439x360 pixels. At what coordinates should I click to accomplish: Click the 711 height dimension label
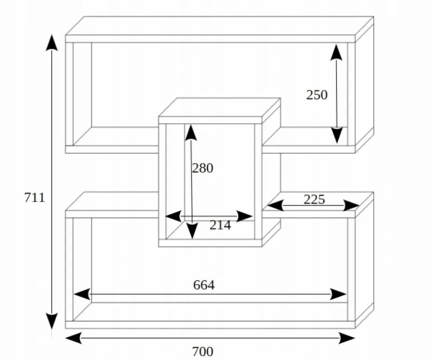click(x=35, y=198)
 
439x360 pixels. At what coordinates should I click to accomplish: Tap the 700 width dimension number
click(x=202, y=351)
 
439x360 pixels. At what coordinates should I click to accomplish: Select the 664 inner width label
click(x=204, y=285)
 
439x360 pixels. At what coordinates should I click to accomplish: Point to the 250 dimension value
click(x=317, y=95)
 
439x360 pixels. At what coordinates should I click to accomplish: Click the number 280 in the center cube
click(x=202, y=168)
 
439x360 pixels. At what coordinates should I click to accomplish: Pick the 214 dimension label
click(x=220, y=225)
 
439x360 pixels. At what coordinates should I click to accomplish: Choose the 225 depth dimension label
click(x=314, y=199)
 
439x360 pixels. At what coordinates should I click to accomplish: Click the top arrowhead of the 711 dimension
click(x=52, y=43)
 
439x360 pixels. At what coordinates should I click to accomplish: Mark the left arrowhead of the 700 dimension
click(x=74, y=338)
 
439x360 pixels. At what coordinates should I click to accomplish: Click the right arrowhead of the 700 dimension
click(x=347, y=338)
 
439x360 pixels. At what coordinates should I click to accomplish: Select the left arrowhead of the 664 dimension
click(x=82, y=294)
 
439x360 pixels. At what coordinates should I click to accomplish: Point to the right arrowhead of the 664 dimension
click(x=339, y=294)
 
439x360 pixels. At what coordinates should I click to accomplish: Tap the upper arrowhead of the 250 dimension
click(x=336, y=52)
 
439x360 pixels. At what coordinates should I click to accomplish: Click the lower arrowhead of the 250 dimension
click(x=337, y=135)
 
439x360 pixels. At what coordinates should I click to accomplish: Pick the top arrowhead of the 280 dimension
click(x=191, y=133)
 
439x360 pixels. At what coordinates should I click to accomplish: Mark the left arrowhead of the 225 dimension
click(x=275, y=205)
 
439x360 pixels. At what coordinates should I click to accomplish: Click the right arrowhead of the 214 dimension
click(x=245, y=216)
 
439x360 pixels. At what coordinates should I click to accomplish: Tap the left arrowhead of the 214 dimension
click(x=174, y=216)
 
